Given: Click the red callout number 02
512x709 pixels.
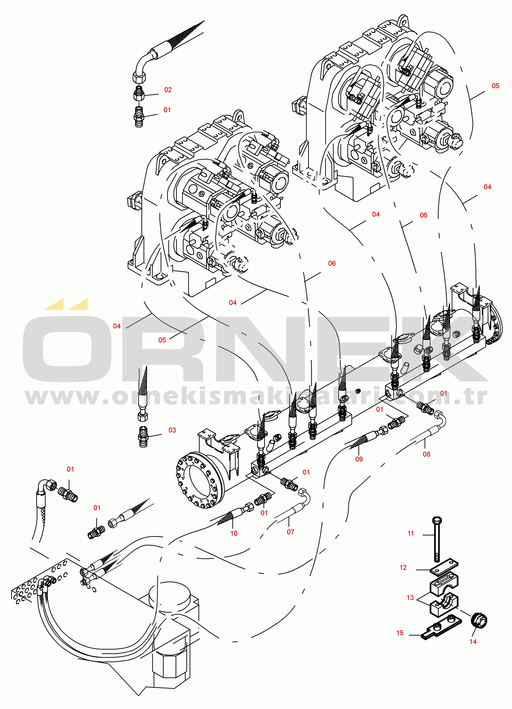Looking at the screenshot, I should tap(168, 90).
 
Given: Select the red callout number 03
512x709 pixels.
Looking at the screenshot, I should tap(172, 430).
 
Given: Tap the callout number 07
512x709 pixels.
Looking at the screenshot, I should tap(291, 532).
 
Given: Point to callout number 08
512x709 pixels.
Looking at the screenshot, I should tap(426, 454).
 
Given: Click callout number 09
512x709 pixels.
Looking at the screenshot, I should tap(359, 459).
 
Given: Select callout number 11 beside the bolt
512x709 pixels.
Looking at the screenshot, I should tap(411, 533).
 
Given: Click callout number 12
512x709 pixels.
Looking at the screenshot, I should tap(403, 567).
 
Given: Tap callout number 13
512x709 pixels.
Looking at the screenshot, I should tap(410, 598).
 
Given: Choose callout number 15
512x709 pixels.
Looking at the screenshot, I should tap(400, 633).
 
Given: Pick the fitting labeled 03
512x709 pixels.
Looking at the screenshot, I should tap(143, 436).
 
